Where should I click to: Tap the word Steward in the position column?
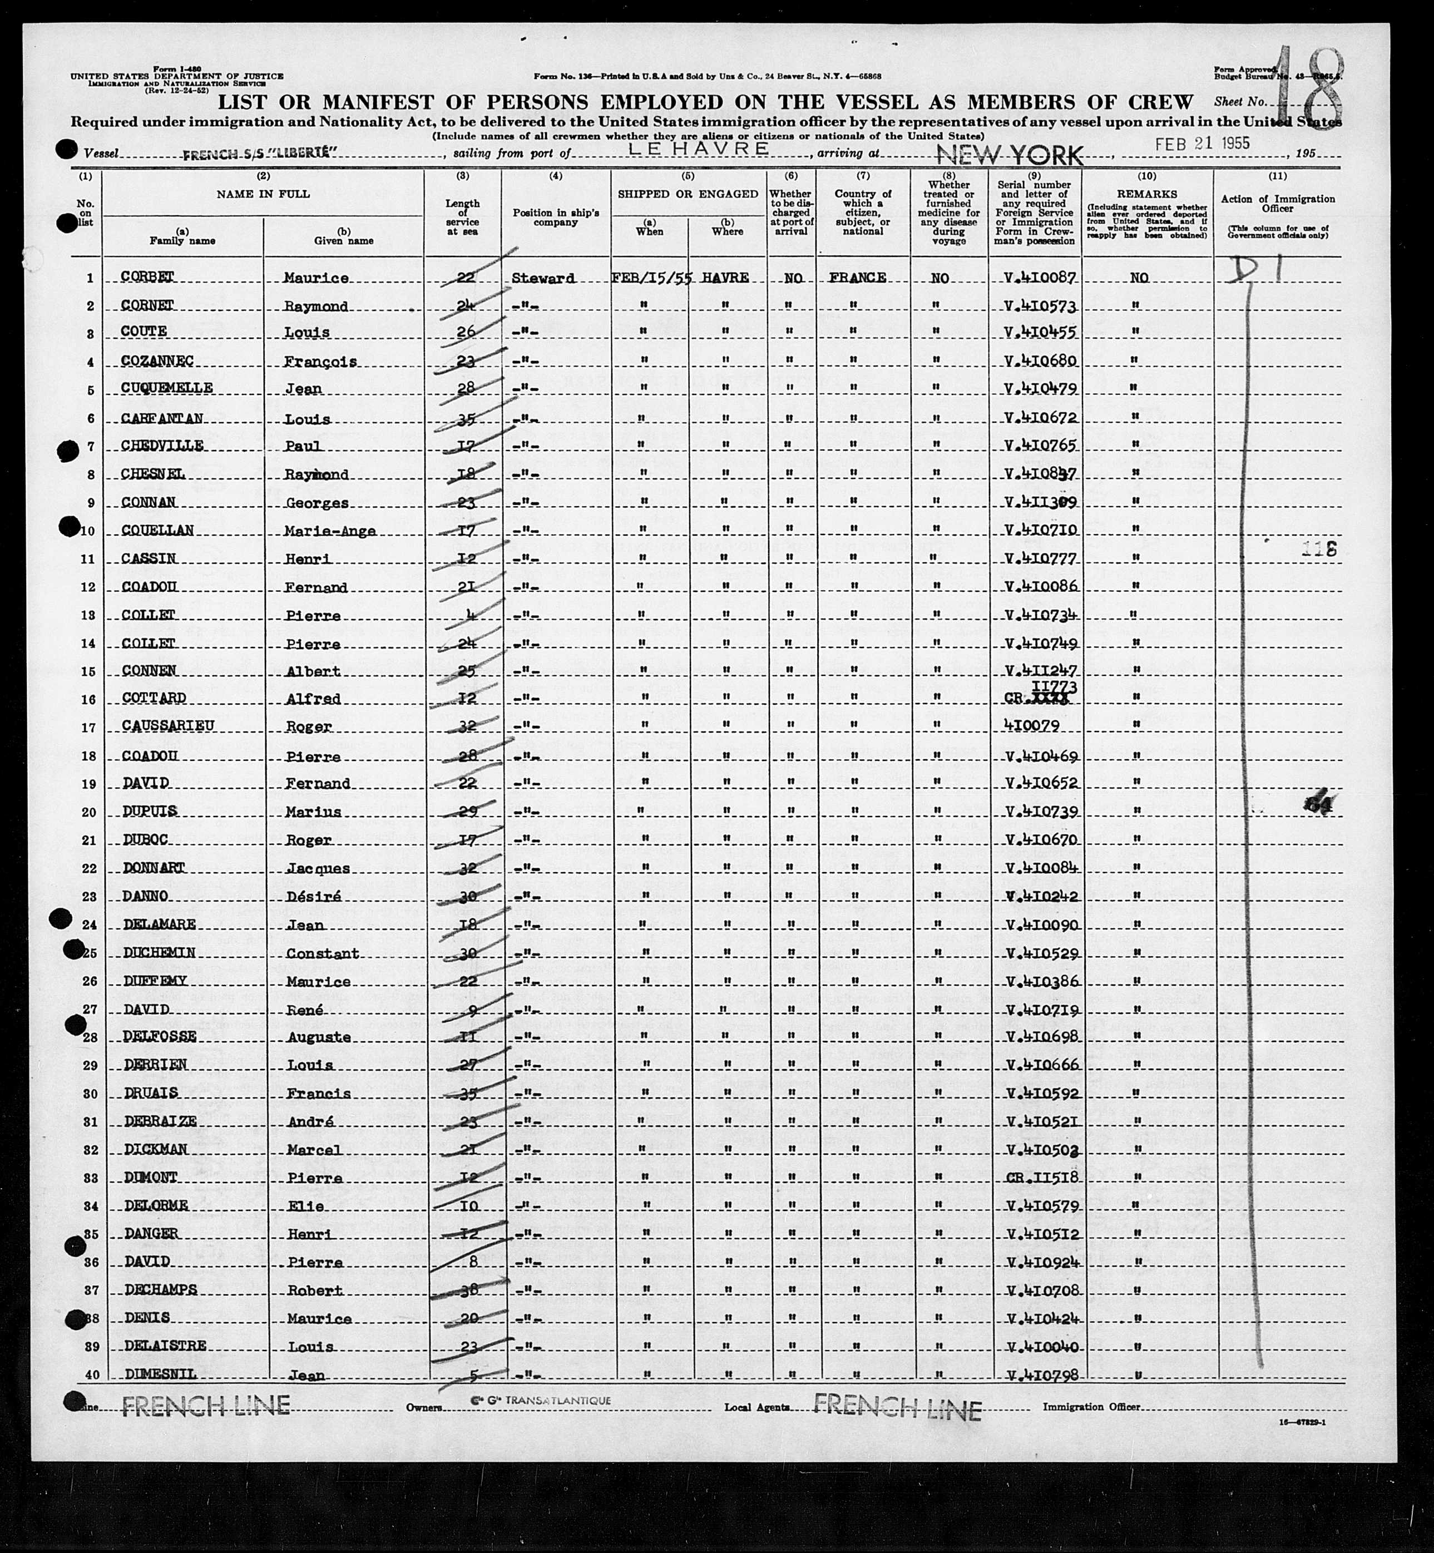543,278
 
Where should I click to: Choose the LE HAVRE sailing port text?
699,149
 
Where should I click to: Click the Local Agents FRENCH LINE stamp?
897,1408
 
